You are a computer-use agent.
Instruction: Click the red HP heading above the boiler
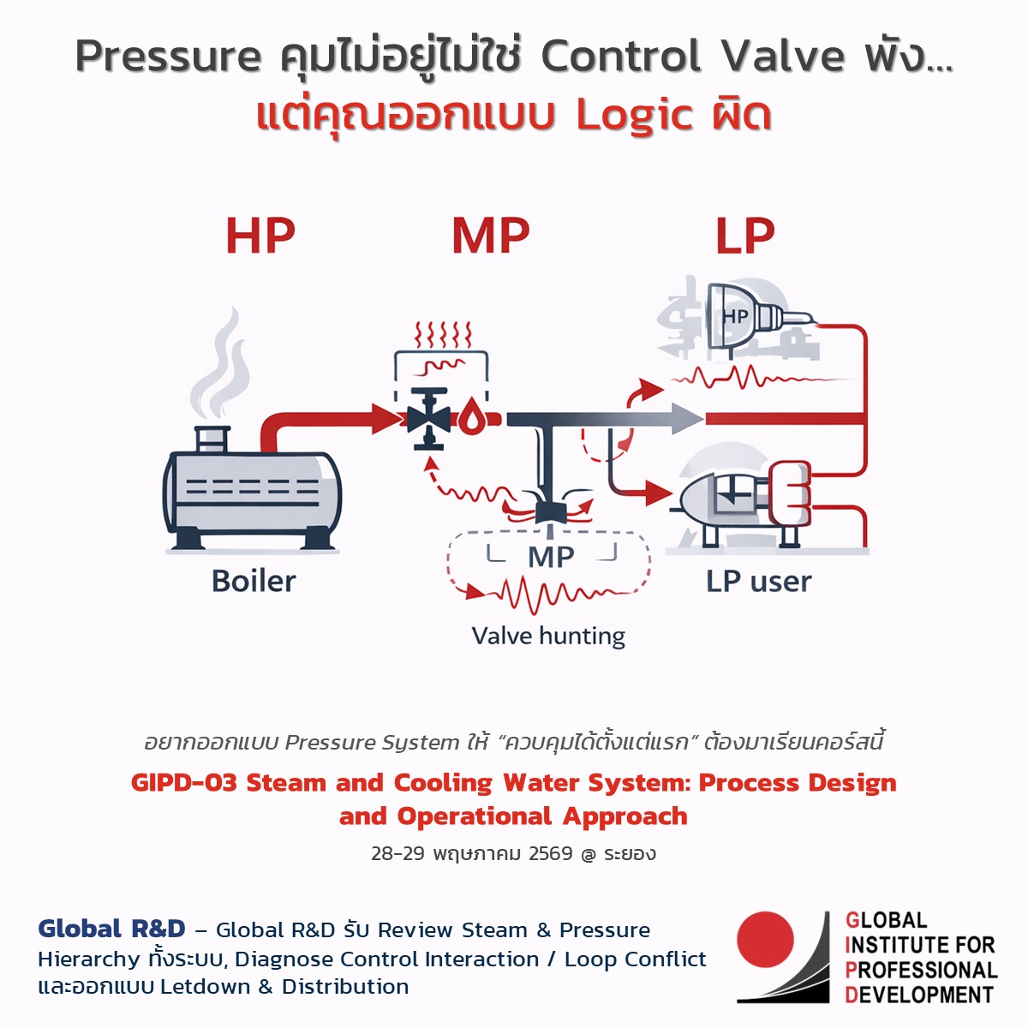click(260, 236)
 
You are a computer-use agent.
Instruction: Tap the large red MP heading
click(491, 236)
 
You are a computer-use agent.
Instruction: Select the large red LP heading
click(745, 236)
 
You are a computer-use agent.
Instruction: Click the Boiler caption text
click(254, 581)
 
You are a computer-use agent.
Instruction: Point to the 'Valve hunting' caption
click(548, 636)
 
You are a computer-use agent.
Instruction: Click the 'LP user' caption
click(758, 581)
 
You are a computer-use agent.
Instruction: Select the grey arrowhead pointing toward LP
click(687, 419)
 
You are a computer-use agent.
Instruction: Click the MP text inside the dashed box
click(551, 557)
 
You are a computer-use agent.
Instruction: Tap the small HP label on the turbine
click(735, 316)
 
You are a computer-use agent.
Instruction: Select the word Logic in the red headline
click(634, 116)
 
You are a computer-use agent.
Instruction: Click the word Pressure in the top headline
click(168, 57)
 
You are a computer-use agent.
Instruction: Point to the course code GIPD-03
click(183, 783)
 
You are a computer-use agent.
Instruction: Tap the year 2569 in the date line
click(551, 853)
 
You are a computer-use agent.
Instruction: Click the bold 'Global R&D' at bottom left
click(111, 929)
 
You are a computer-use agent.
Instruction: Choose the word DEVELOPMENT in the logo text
click(919, 995)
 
